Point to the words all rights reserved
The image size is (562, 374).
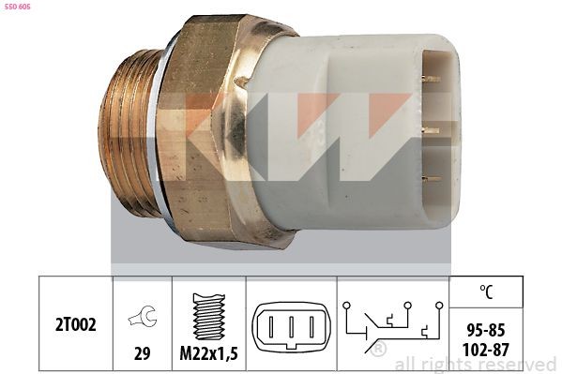(x=476, y=364)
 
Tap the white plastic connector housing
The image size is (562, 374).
(x=357, y=131)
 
